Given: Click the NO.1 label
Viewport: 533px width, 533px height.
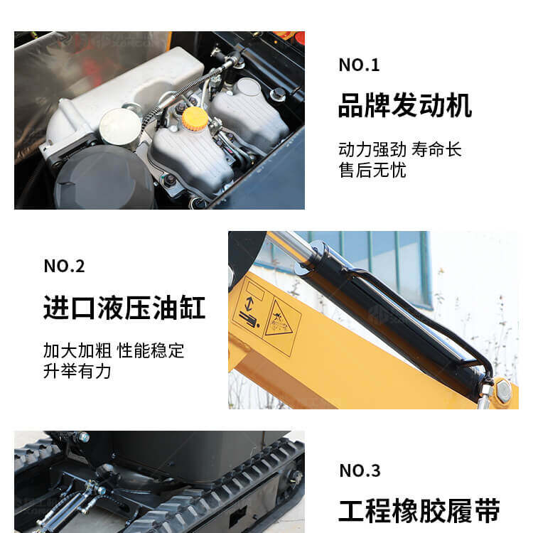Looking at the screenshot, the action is click(x=359, y=65).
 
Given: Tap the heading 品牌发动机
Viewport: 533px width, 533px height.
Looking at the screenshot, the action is click(x=405, y=105).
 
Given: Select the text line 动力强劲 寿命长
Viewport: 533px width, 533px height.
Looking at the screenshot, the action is click(x=399, y=149).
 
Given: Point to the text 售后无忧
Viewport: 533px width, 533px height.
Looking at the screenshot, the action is click(x=372, y=170).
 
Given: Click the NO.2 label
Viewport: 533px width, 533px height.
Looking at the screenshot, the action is click(x=64, y=266).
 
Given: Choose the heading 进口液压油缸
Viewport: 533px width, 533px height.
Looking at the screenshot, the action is click(x=124, y=307).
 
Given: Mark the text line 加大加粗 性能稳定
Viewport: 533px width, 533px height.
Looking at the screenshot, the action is click(x=114, y=351).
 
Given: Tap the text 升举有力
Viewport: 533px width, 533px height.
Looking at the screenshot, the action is click(x=77, y=371).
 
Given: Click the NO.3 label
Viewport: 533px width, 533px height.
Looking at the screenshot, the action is click(x=360, y=470).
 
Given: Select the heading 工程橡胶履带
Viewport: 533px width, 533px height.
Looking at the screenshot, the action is click(x=419, y=510).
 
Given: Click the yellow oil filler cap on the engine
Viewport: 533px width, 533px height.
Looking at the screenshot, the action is click(x=195, y=117).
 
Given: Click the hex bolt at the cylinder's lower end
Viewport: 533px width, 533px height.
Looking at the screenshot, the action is click(x=502, y=391).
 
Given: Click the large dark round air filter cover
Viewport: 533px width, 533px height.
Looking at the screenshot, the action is click(x=104, y=179).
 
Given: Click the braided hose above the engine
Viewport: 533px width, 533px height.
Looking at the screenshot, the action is click(x=183, y=88).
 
